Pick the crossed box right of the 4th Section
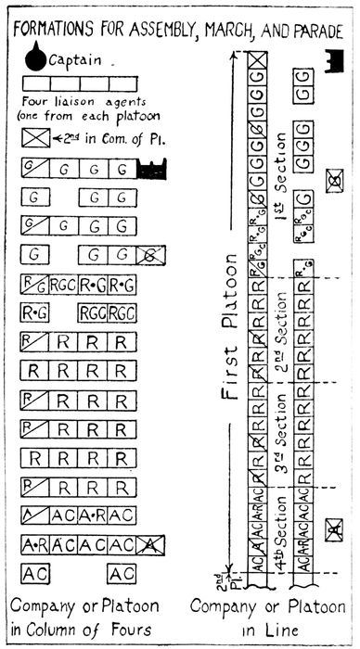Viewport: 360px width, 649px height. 333,530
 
